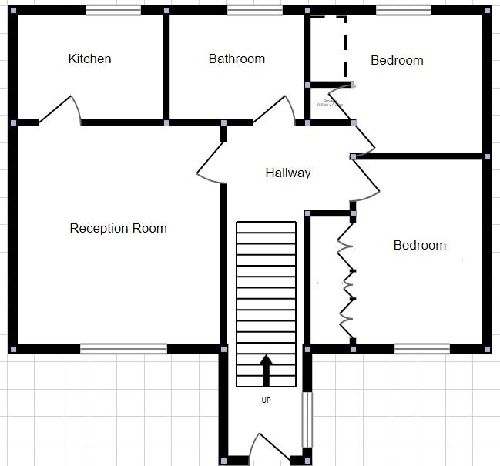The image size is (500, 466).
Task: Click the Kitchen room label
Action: tap(89, 59)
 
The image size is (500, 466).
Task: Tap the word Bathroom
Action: tap(237, 59)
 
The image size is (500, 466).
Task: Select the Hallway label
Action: tap(287, 173)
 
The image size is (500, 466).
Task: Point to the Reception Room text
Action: tap(118, 228)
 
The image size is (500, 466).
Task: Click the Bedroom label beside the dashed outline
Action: tap(397, 61)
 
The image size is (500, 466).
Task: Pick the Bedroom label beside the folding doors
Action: tap(419, 246)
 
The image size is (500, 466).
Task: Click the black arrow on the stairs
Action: tap(266, 370)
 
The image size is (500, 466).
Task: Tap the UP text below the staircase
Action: tap(266, 401)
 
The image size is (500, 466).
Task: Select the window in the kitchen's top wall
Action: tap(112, 10)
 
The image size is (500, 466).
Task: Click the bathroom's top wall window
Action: tap(254, 10)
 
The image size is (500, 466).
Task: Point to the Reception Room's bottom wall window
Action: tap(123, 349)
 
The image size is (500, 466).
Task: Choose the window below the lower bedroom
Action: tap(421, 349)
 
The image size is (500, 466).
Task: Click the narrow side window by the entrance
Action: tap(307, 420)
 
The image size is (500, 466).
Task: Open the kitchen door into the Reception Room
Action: tap(60, 109)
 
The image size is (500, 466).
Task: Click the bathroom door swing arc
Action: tap(276, 108)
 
